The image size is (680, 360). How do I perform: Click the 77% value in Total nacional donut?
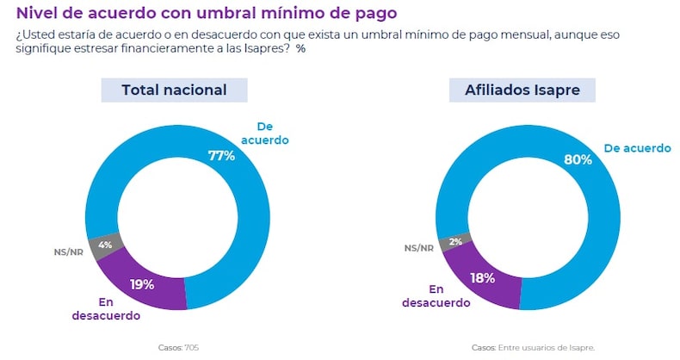click(221, 156)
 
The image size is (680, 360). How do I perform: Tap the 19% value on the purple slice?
click(142, 284)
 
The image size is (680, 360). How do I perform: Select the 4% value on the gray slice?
click(106, 245)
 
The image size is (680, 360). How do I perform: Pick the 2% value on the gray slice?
click(455, 241)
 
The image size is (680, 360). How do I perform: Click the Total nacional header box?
click(174, 90)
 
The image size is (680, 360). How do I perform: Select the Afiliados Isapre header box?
click(522, 90)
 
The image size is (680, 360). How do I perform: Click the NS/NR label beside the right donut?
click(419, 248)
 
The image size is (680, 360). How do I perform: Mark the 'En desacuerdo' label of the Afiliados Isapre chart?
click(436, 296)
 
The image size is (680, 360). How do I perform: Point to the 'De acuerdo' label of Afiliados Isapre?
click(637, 148)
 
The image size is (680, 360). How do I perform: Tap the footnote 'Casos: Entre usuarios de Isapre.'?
click(533, 348)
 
